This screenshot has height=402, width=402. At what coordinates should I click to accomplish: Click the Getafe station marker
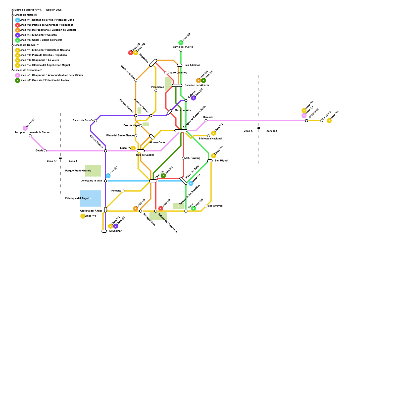(x=45, y=151)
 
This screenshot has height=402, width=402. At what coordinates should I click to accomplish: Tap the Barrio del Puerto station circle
(x=181, y=50)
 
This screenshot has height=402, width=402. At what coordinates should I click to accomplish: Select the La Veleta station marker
(x=322, y=121)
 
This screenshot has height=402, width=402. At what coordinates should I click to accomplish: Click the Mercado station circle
(x=206, y=121)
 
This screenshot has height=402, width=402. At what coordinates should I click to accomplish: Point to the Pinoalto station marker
(x=123, y=191)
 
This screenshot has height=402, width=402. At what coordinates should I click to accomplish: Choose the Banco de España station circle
(x=95, y=121)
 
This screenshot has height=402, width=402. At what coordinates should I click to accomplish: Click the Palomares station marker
(x=156, y=90)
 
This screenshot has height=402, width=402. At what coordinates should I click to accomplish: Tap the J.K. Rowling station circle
(x=183, y=158)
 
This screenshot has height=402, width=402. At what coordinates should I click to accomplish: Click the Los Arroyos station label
(x=215, y=206)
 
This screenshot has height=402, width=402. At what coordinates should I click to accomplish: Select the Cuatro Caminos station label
(x=177, y=73)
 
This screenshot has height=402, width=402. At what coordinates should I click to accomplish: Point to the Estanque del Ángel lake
(x=90, y=198)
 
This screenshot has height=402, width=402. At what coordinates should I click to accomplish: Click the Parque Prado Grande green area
(x=93, y=171)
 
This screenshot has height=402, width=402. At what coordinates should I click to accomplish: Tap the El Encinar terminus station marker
(x=104, y=231)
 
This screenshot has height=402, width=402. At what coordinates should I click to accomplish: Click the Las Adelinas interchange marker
(x=180, y=65)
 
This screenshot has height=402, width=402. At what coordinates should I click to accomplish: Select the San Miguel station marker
(x=210, y=161)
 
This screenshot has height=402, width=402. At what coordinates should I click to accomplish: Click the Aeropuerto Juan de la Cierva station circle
(x=30, y=136)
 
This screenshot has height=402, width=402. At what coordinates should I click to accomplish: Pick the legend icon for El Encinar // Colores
(x=18, y=35)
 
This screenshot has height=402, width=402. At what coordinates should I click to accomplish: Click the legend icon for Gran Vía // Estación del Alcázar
(x=18, y=80)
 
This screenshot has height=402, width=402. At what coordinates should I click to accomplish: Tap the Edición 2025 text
(x=54, y=10)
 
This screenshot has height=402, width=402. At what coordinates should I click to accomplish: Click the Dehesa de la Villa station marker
(x=106, y=181)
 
